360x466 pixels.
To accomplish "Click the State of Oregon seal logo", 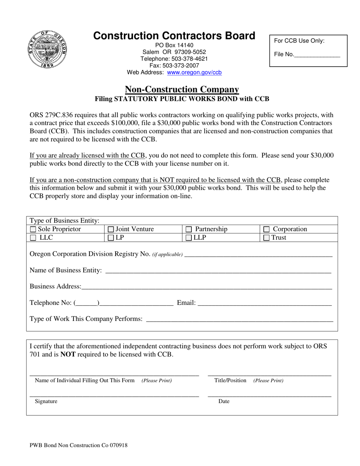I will coord(47,50).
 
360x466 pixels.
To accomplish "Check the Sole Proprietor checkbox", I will coord(33,229).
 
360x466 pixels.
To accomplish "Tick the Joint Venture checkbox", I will coord(111,229).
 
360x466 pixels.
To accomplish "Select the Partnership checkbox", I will coord(189,229).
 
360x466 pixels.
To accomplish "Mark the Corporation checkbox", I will coord(266,229).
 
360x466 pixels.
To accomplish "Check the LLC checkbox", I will coord(33,238).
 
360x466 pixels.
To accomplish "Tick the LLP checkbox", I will coord(189,238).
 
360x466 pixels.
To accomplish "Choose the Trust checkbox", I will coord(266,238).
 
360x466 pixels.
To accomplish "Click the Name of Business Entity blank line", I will coord(218,271).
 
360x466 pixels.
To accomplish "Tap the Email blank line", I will coord(265,303).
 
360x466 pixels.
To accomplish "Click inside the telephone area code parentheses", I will coord(87,303).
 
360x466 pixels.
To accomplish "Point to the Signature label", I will coord(46,402).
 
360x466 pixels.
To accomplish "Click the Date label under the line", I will coord(224,402).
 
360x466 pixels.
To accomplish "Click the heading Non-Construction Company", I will coord(182,89).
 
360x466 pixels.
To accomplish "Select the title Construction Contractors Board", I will coord(174,36).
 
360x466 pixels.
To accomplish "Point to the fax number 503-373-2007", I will coord(181,66).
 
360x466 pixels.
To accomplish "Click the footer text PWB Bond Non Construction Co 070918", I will coord(78,445).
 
